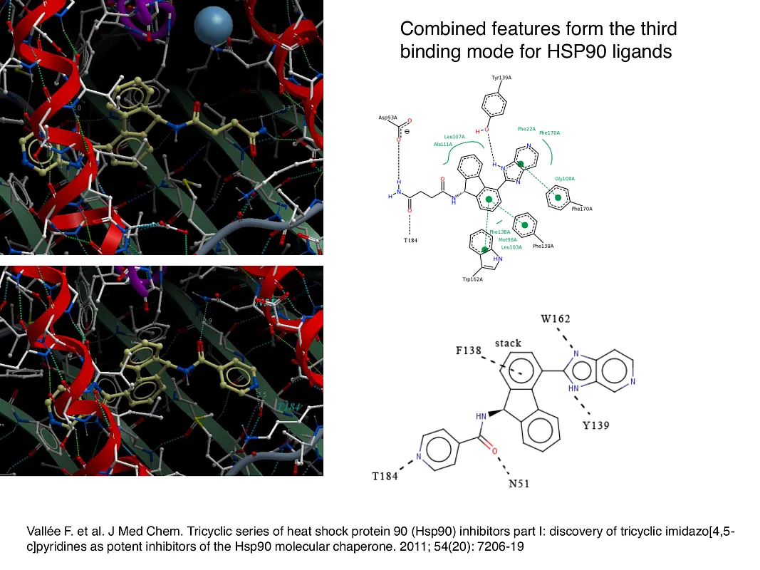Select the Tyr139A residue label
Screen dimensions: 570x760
501,77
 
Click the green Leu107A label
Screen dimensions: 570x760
454,137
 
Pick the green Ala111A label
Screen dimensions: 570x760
443,144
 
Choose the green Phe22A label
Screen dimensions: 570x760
526,129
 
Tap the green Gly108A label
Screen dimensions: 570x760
565,178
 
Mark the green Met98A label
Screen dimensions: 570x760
508,239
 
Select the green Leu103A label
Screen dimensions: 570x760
511,247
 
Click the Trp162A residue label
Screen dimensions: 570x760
472,279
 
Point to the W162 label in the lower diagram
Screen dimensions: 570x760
555,318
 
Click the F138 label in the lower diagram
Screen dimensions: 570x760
469,351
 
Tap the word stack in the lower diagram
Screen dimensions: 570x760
508,343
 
